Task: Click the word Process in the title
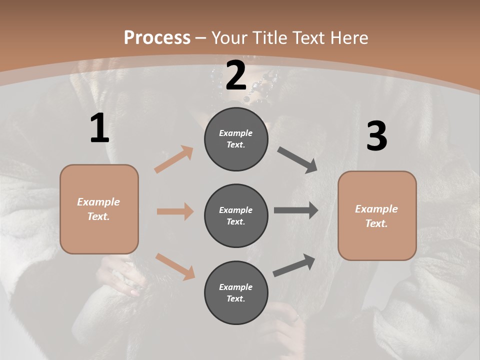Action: point(157,37)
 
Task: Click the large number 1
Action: point(99,128)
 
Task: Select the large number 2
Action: point(236,75)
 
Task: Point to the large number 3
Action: point(376,136)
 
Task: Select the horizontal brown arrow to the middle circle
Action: point(175,211)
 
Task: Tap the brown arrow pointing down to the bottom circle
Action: point(175,266)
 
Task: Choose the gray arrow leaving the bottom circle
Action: point(294,265)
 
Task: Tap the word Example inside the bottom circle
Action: point(236,287)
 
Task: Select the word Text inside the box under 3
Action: point(376,223)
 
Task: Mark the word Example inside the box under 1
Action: point(98,202)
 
